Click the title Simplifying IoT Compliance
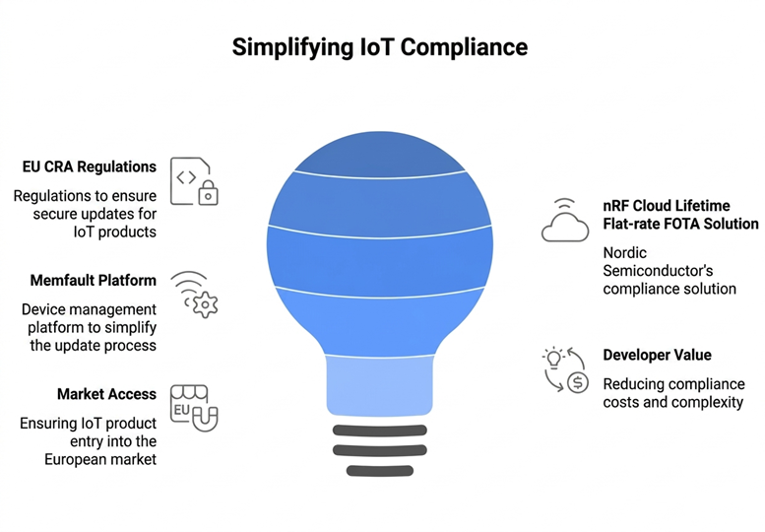click(x=380, y=47)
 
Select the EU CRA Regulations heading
click(x=90, y=166)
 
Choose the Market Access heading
click(x=106, y=394)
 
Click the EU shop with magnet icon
click(x=193, y=408)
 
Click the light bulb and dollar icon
click(x=565, y=369)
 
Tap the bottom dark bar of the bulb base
click(x=380, y=470)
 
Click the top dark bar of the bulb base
click(x=380, y=430)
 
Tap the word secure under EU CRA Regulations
click(x=38, y=214)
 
